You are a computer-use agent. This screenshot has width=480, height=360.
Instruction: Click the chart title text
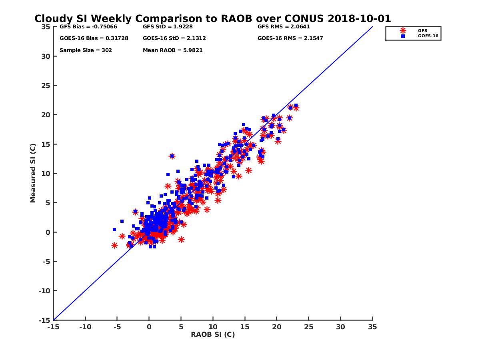(212, 19)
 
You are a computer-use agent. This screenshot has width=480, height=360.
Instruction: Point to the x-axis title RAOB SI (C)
(213, 334)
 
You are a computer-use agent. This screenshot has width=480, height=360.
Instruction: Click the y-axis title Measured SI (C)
(33, 174)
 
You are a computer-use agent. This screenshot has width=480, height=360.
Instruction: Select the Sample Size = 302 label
(86, 50)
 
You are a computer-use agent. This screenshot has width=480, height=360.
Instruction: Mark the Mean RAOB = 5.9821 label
(172, 50)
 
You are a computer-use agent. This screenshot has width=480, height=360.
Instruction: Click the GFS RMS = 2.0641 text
(284, 27)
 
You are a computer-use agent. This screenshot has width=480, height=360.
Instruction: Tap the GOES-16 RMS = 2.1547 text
(290, 38)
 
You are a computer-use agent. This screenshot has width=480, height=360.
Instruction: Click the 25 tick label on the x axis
(308, 327)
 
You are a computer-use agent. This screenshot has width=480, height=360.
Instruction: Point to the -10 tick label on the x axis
(85, 327)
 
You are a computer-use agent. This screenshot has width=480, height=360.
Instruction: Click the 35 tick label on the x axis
(372, 327)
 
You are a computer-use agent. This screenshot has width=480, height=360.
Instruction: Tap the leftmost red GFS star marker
(114, 245)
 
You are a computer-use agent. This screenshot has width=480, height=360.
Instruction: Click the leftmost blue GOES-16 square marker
(114, 230)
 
